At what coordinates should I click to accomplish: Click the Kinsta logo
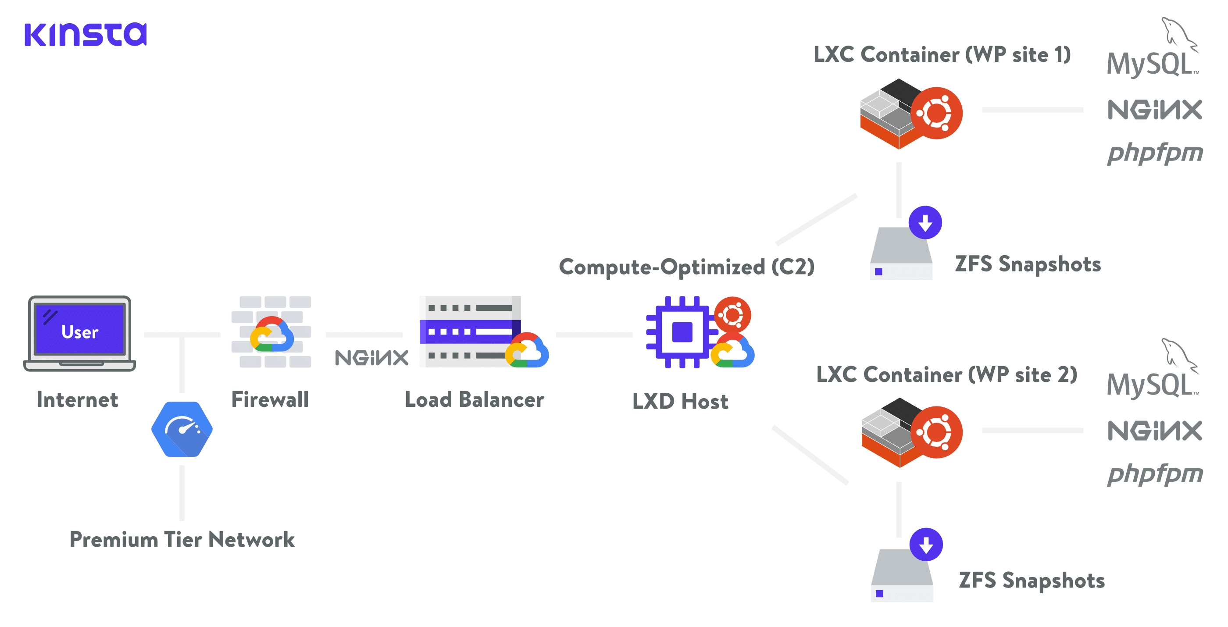pos(86,34)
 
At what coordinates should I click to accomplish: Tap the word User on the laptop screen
pos(80,331)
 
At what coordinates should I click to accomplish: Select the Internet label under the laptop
pos(77,399)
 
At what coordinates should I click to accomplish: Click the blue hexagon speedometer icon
pos(182,429)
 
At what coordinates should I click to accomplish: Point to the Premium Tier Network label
pos(182,539)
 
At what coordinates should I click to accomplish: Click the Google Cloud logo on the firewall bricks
pos(272,335)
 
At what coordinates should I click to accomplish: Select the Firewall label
pos(270,399)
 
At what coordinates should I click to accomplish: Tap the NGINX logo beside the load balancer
pos(371,357)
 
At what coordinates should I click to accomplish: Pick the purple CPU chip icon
pos(682,331)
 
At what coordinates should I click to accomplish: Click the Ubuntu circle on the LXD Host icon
pos(732,314)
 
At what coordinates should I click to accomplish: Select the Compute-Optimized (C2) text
pos(686,267)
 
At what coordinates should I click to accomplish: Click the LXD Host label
pos(680,401)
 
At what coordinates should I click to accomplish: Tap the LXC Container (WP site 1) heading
pos(942,54)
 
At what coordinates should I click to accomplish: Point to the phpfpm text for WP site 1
pos(1155,153)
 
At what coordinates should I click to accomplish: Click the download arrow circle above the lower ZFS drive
pos(926,544)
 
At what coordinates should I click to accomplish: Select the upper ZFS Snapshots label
pos(1028,264)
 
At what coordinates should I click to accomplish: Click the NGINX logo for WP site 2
pos(1155,431)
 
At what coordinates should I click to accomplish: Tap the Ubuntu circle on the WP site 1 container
pos(936,114)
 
